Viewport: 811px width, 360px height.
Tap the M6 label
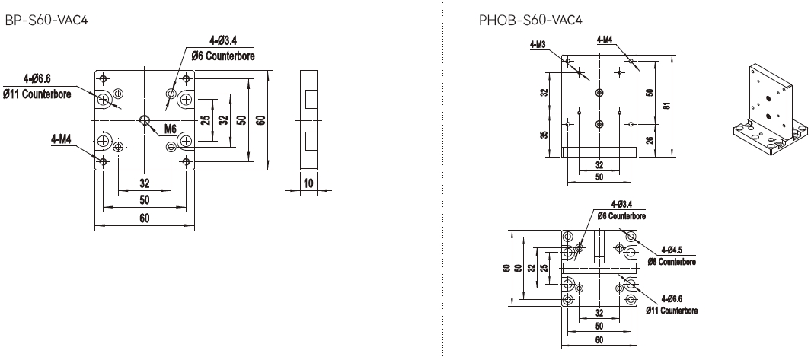pyautogui.click(x=171, y=128)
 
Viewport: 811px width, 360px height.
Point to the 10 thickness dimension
pyautogui.click(x=308, y=183)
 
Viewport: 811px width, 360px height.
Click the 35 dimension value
pyautogui.click(x=544, y=135)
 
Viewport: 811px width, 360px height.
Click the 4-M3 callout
pyautogui.click(x=538, y=44)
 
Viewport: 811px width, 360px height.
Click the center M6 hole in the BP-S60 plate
pyautogui.click(x=145, y=119)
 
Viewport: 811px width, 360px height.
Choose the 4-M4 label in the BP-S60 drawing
pyautogui.click(x=62, y=139)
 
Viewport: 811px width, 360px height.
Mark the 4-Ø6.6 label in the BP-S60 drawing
pyautogui.click(x=37, y=78)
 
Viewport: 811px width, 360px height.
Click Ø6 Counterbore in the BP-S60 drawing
pyautogui.click(x=222, y=56)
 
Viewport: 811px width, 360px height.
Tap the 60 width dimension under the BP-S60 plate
pyautogui.click(x=144, y=218)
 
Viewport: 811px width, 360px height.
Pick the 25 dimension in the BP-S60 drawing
pyautogui.click(x=205, y=119)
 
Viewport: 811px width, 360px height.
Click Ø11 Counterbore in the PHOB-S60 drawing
pyautogui.click(x=670, y=310)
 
